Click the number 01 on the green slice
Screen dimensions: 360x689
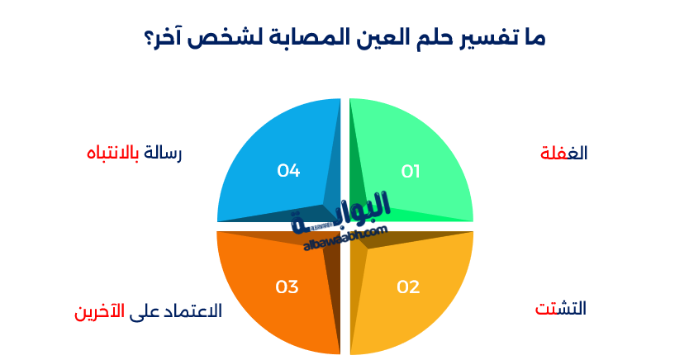click(411, 171)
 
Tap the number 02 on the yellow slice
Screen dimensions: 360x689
click(408, 287)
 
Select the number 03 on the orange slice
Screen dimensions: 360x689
click(287, 287)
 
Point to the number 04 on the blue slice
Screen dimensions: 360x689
click(288, 171)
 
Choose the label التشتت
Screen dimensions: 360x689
click(561, 309)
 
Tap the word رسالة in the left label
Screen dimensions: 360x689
click(162, 154)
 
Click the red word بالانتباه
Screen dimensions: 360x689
click(113, 154)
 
